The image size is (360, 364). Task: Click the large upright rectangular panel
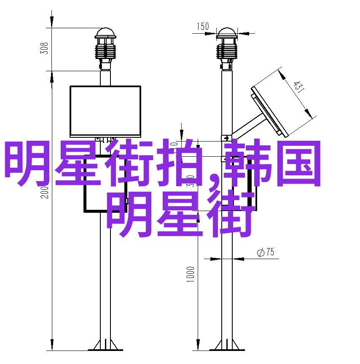point(105,110)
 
